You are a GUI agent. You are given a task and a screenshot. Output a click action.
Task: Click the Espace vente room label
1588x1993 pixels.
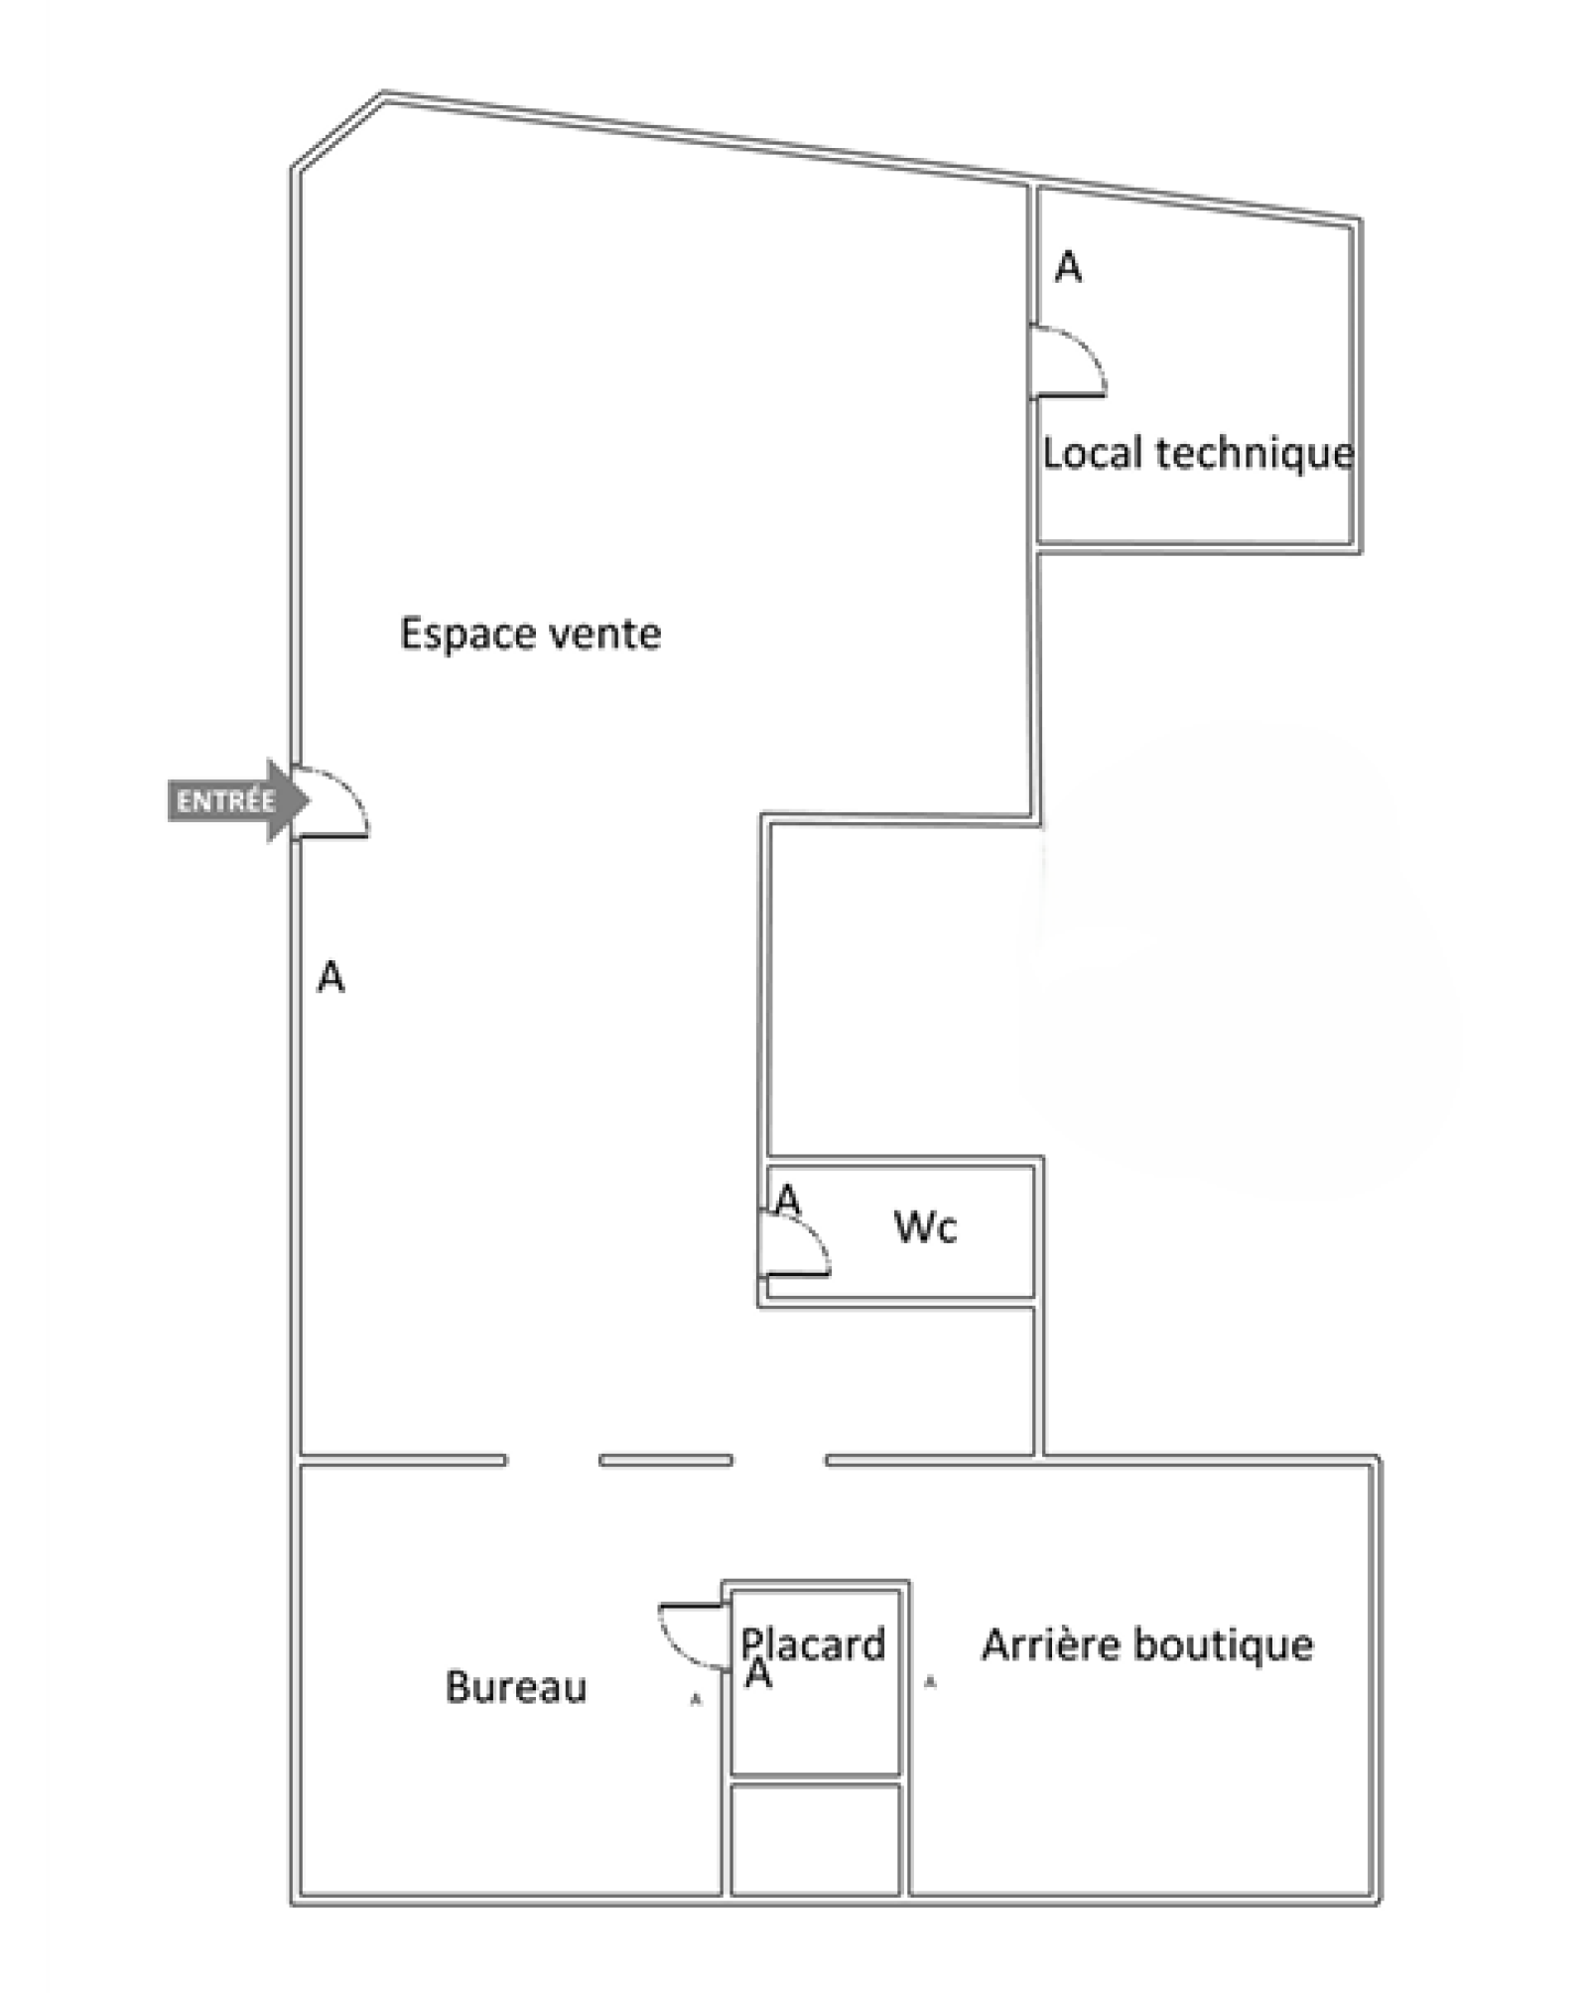pos(530,634)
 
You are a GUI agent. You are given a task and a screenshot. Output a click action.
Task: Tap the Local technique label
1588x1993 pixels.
pos(1197,454)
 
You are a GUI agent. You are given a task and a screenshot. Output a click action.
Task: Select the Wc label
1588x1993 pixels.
pos(925,1227)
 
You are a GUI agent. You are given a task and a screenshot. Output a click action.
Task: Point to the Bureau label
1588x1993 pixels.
pos(516,1687)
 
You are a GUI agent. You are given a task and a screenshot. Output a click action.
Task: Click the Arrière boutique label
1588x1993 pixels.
pos(1147,1645)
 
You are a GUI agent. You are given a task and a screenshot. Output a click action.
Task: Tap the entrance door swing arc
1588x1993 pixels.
pos(342,792)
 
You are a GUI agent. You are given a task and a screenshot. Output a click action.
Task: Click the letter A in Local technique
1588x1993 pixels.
pos(1068,267)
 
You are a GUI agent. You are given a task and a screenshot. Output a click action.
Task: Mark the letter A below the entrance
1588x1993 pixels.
pos(331,977)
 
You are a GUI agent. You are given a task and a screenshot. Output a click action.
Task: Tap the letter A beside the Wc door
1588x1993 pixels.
pos(787,1200)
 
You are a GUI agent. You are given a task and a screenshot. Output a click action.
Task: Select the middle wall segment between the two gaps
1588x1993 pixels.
pos(665,1461)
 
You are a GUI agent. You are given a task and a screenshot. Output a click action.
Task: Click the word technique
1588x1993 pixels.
pos(1255,454)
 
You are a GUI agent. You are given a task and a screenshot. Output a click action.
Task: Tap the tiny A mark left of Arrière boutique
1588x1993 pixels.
pos(930,1682)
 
